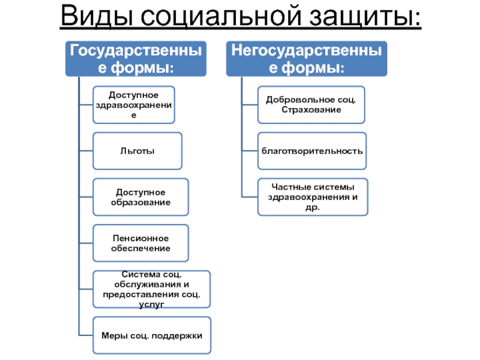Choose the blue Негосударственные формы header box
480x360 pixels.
[x=307, y=58]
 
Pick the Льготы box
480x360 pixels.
[x=137, y=151]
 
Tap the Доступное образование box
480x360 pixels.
[x=141, y=197]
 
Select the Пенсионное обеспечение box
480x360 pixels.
[x=141, y=243]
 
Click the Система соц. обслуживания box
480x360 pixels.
[x=152, y=290]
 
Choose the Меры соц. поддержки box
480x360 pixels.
[x=152, y=335]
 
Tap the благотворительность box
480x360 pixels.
[x=312, y=151]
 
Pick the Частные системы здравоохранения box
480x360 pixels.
[x=312, y=197]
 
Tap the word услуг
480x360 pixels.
[x=152, y=305]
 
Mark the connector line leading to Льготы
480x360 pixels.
[x=85, y=151]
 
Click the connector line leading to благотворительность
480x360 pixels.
[x=250, y=151]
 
